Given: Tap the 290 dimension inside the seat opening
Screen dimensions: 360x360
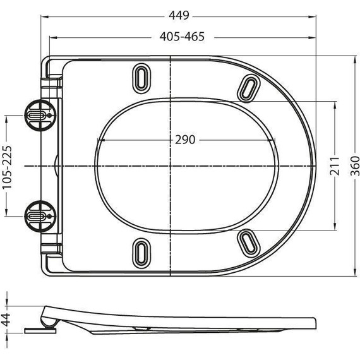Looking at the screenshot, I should [185, 139].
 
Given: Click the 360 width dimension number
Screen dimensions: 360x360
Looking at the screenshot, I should [354, 165].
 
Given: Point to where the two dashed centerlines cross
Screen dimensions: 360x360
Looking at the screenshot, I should [172, 165].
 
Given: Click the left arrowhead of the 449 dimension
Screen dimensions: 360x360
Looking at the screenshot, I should [52, 19].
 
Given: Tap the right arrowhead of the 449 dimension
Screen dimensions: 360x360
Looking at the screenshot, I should [313, 19].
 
